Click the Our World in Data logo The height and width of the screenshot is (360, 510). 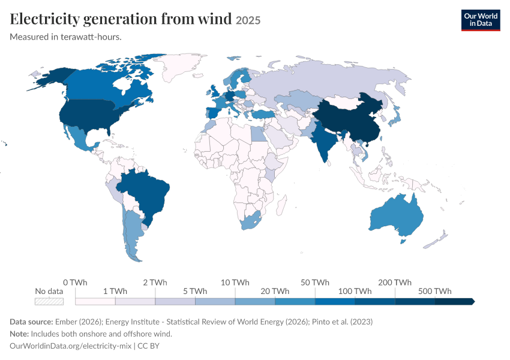(x=481, y=20)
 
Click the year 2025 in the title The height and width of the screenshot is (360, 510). (x=248, y=20)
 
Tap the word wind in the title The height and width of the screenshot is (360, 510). (x=215, y=19)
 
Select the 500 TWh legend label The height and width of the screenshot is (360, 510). (x=434, y=291)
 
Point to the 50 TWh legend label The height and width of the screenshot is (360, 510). (x=315, y=282)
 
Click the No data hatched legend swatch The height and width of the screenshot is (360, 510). (x=49, y=301)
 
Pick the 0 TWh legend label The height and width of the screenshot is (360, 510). (x=75, y=282)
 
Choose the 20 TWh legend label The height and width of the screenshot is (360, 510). (x=275, y=291)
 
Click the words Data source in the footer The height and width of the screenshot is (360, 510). (x=31, y=322)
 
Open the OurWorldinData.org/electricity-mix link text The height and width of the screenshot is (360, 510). (x=71, y=346)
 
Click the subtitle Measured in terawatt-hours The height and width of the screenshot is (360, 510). (x=66, y=37)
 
